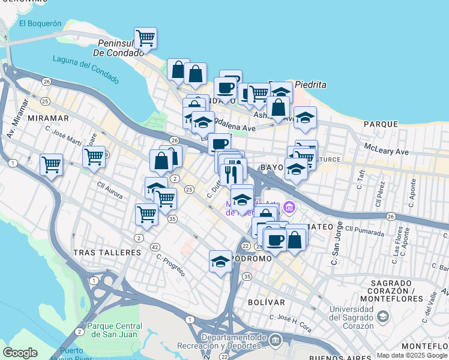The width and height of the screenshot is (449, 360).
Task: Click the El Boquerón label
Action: click(40, 24)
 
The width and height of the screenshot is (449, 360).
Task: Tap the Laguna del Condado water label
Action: click(86, 69)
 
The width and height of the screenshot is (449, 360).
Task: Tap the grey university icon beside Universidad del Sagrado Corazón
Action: click(382, 315)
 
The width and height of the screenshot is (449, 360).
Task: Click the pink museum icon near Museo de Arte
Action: click(289, 208)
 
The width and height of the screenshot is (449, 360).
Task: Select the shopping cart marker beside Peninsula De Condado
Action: click(145, 39)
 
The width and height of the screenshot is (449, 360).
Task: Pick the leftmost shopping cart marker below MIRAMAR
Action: click(51, 164)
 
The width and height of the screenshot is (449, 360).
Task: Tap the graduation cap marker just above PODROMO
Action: click(220, 262)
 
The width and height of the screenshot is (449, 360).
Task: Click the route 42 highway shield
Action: click(154, 247)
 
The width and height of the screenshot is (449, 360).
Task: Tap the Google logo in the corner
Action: click(20, 353)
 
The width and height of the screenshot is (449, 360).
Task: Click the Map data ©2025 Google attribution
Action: click(412, 355)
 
